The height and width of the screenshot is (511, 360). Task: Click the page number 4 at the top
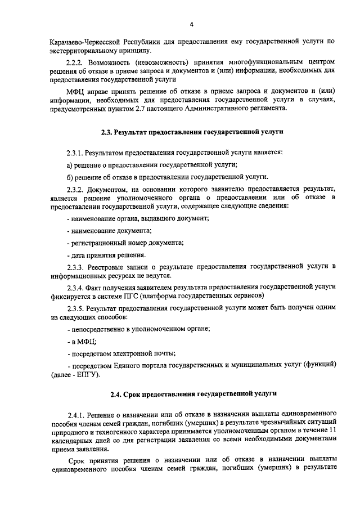pyautogui.click(x=191, y=24)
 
